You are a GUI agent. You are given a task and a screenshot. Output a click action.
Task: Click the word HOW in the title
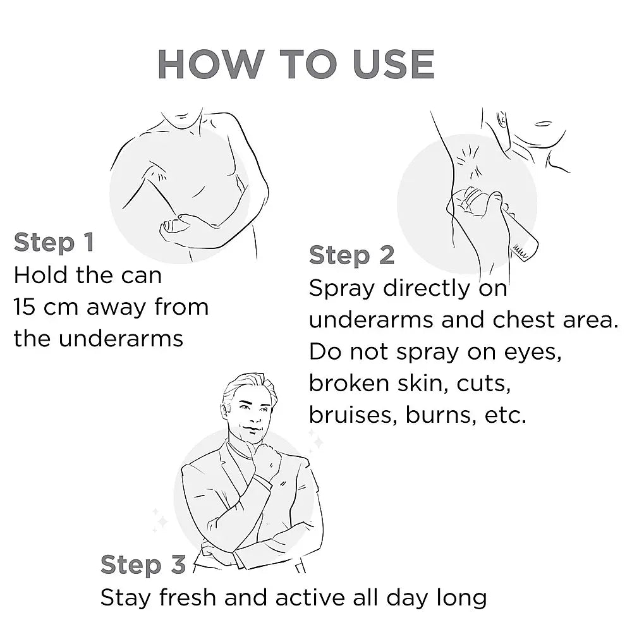211,64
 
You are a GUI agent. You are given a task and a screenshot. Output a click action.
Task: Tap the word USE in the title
393,64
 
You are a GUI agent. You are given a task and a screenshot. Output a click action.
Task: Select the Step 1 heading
54,243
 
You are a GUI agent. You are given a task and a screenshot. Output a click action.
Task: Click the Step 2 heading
351,255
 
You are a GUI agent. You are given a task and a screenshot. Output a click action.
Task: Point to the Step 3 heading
143,564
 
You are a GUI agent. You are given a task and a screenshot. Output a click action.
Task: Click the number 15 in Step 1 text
26,307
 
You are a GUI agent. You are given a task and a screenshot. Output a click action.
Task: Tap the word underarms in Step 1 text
121,339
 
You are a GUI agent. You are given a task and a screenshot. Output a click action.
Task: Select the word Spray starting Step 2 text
342,289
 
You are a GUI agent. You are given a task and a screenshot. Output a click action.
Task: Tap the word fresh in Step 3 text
188,597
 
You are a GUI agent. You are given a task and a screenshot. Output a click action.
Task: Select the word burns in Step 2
439,415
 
